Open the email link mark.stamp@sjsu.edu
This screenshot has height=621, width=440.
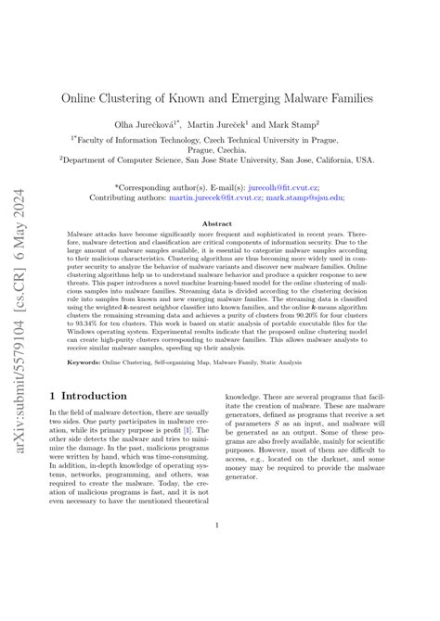pos(304,197)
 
